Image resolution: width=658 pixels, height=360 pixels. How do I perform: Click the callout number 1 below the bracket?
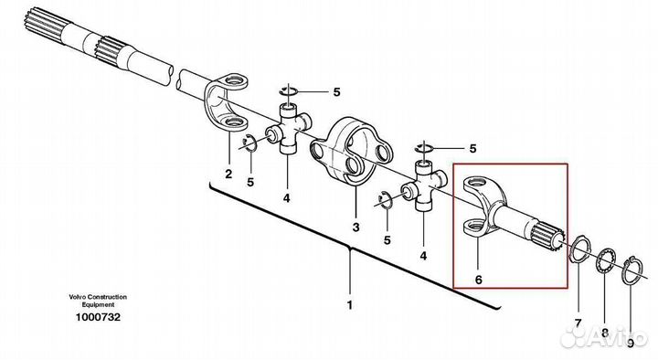click(349, 304)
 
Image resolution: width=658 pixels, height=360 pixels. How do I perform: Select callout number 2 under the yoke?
click(228, 174)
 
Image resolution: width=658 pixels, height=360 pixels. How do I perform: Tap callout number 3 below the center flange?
click(356, 228)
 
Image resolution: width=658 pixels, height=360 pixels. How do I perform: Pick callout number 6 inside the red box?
click(479, 279)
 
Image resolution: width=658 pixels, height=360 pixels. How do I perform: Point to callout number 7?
click(578, 323)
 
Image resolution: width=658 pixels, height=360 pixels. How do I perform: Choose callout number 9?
click(631, 344)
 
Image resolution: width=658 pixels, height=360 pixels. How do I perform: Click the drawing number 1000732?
click(98, 317)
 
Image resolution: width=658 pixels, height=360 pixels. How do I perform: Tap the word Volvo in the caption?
click(78, 297)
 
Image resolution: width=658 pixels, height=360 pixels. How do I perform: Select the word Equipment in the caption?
click(98, 304)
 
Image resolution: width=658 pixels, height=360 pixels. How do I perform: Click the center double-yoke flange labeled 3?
click(352, 150)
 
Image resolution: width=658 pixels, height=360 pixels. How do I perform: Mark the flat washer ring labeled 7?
click(579, 250)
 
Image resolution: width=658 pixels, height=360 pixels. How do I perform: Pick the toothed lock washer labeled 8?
click(606, 262)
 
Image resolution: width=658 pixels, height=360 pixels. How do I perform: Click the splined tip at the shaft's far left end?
click(41, 26)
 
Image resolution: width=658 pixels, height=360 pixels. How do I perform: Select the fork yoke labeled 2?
click(226, 103)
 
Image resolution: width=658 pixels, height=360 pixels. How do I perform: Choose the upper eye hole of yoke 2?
click(236, 80)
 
